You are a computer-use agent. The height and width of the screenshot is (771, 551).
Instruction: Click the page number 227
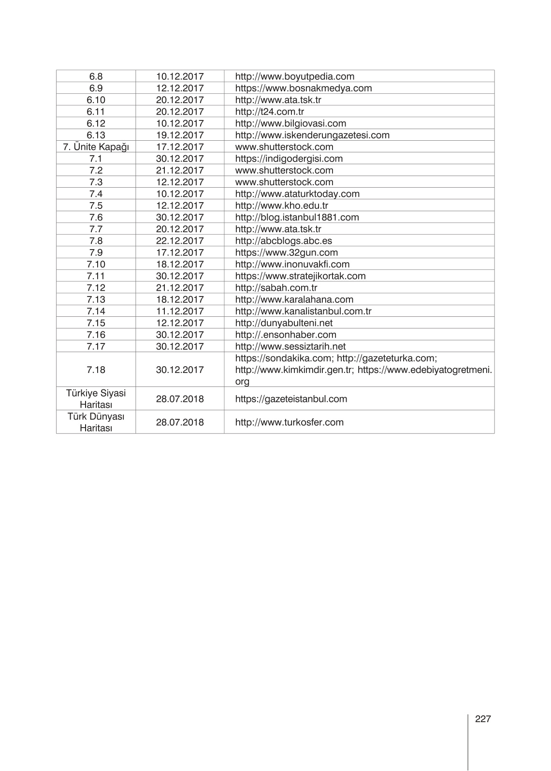(x=483, y=719)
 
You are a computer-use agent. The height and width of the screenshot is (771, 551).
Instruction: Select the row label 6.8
(x=96, y=76)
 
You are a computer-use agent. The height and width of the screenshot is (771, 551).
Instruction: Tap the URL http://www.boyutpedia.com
(x=294, y=76)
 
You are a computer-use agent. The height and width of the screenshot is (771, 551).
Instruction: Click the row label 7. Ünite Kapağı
(x=96, y=147)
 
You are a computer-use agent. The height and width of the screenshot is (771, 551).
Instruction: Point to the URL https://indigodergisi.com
(x=289, y=159)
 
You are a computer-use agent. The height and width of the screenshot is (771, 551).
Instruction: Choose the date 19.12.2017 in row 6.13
(x=180, y=135)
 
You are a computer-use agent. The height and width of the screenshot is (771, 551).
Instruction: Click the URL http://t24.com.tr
(x=269, y=112)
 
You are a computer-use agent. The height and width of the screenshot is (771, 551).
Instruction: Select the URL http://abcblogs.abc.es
(x=283, y=240)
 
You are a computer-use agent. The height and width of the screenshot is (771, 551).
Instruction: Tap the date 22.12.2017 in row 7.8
(x=180, y=240)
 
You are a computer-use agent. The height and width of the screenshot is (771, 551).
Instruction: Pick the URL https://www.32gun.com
(x=286, y=252)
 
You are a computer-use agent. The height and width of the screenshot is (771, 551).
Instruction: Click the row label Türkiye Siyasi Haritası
(x=96, y=399)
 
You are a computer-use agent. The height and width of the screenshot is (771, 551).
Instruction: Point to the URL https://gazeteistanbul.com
(x=291, y=399)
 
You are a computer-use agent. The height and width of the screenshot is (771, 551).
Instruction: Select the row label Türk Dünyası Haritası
(x=96, y=422)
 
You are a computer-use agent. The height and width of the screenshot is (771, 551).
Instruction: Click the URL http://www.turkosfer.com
(x=289, y=422)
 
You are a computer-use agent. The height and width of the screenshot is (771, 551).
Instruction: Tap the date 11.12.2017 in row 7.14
(x=180, y=311)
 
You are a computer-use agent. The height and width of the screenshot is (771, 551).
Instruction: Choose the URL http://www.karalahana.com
(x=294, y=299)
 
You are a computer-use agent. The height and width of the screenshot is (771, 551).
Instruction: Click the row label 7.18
(x=96, y=370)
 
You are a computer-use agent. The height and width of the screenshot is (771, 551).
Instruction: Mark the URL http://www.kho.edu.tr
(x=281, y=206)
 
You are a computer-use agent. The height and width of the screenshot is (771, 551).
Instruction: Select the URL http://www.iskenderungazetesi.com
(x=312, y=135)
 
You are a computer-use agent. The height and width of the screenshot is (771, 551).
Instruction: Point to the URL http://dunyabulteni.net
(x=284, y=323)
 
